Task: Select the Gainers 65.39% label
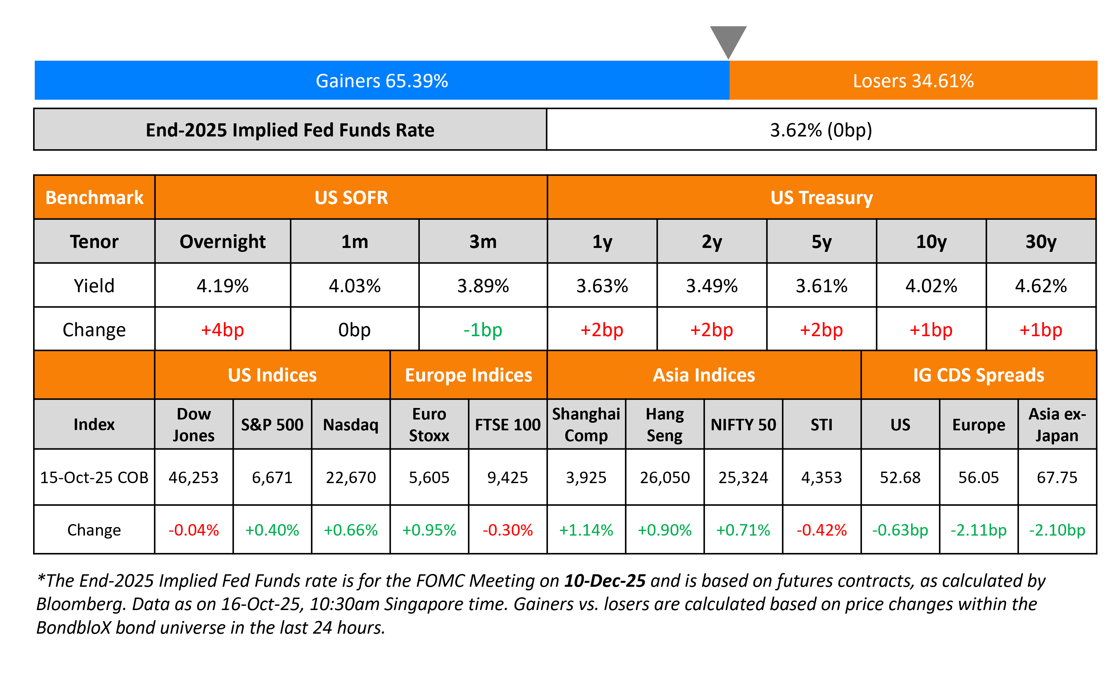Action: point(381,81)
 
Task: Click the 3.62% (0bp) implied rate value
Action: point(821,130)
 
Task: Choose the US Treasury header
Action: point(821,198)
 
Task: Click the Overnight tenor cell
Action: point(223,241)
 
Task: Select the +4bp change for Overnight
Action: point(223,330)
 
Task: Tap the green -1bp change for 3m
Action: point(482,330)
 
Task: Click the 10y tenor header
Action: point(931,241)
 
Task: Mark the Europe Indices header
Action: point(468,375)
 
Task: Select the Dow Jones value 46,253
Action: point(193,478)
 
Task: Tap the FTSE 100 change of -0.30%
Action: point(507,530)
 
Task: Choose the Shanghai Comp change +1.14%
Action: point(586,530)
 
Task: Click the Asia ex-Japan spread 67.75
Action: point(1057,478)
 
